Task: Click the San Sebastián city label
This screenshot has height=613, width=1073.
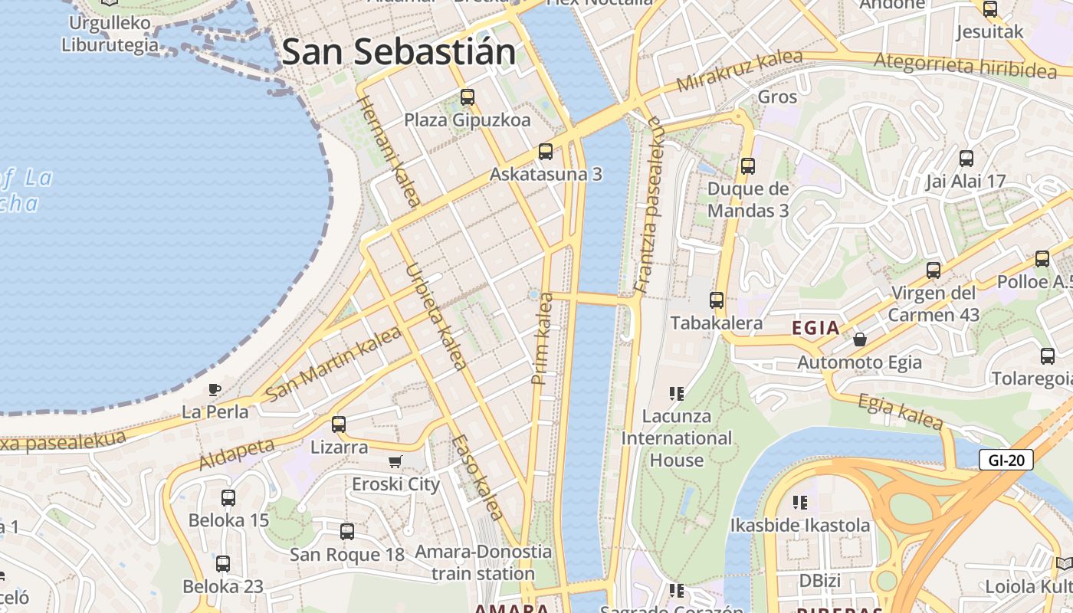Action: [399, 52]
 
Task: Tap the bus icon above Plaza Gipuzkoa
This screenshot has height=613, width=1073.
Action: [468, 97]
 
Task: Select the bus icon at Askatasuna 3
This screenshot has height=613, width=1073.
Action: [546, 152]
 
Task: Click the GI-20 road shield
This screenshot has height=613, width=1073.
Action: [1006, 460]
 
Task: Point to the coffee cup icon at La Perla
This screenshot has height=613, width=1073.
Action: [215, 389]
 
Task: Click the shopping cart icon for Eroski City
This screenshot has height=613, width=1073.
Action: [395, 461]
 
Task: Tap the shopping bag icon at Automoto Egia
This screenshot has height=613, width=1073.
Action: [860, 339]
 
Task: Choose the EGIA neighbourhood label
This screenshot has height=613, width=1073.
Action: [815, 329]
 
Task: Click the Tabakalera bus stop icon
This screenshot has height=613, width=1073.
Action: [717, 300]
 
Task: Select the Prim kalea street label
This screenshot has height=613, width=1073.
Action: [543, 338]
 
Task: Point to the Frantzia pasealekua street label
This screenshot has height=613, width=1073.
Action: [648, 205]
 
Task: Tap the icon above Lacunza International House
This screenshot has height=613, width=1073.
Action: [676, 394]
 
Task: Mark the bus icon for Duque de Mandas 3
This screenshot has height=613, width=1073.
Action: [748, 166]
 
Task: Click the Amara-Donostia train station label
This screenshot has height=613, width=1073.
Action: [483, 562]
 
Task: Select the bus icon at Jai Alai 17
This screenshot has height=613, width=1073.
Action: [966, 159]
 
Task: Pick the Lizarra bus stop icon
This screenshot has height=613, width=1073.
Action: [339, 424]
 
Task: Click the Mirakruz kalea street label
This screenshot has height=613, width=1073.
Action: [740, 70]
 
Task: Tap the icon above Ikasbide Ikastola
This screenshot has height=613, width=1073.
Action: [800, 503]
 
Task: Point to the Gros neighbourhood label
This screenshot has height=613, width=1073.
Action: [777, 97]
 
